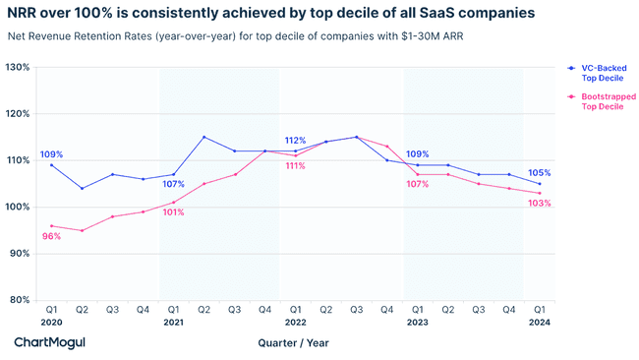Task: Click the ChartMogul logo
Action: [x=48, y=342]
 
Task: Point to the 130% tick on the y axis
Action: [x=18, y=67]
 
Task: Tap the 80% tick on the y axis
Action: [x=20, y=299]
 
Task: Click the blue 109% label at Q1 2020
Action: [x=51, y=154]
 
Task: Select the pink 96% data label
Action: [x=51, y=236]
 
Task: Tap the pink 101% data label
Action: [x=174, y=212]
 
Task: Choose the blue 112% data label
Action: [x=295, y=141]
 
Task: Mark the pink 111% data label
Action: [x=295, y=166]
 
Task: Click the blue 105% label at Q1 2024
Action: [x=540, y=173]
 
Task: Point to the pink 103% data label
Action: [x=540, y=204]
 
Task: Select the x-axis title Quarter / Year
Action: [x=294, y=342]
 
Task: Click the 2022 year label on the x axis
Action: [x=295, y=322]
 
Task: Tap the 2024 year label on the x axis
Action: [x=540, y=322]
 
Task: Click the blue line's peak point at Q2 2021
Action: [x=203, y=137]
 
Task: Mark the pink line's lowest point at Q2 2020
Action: [x=82, y=230]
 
